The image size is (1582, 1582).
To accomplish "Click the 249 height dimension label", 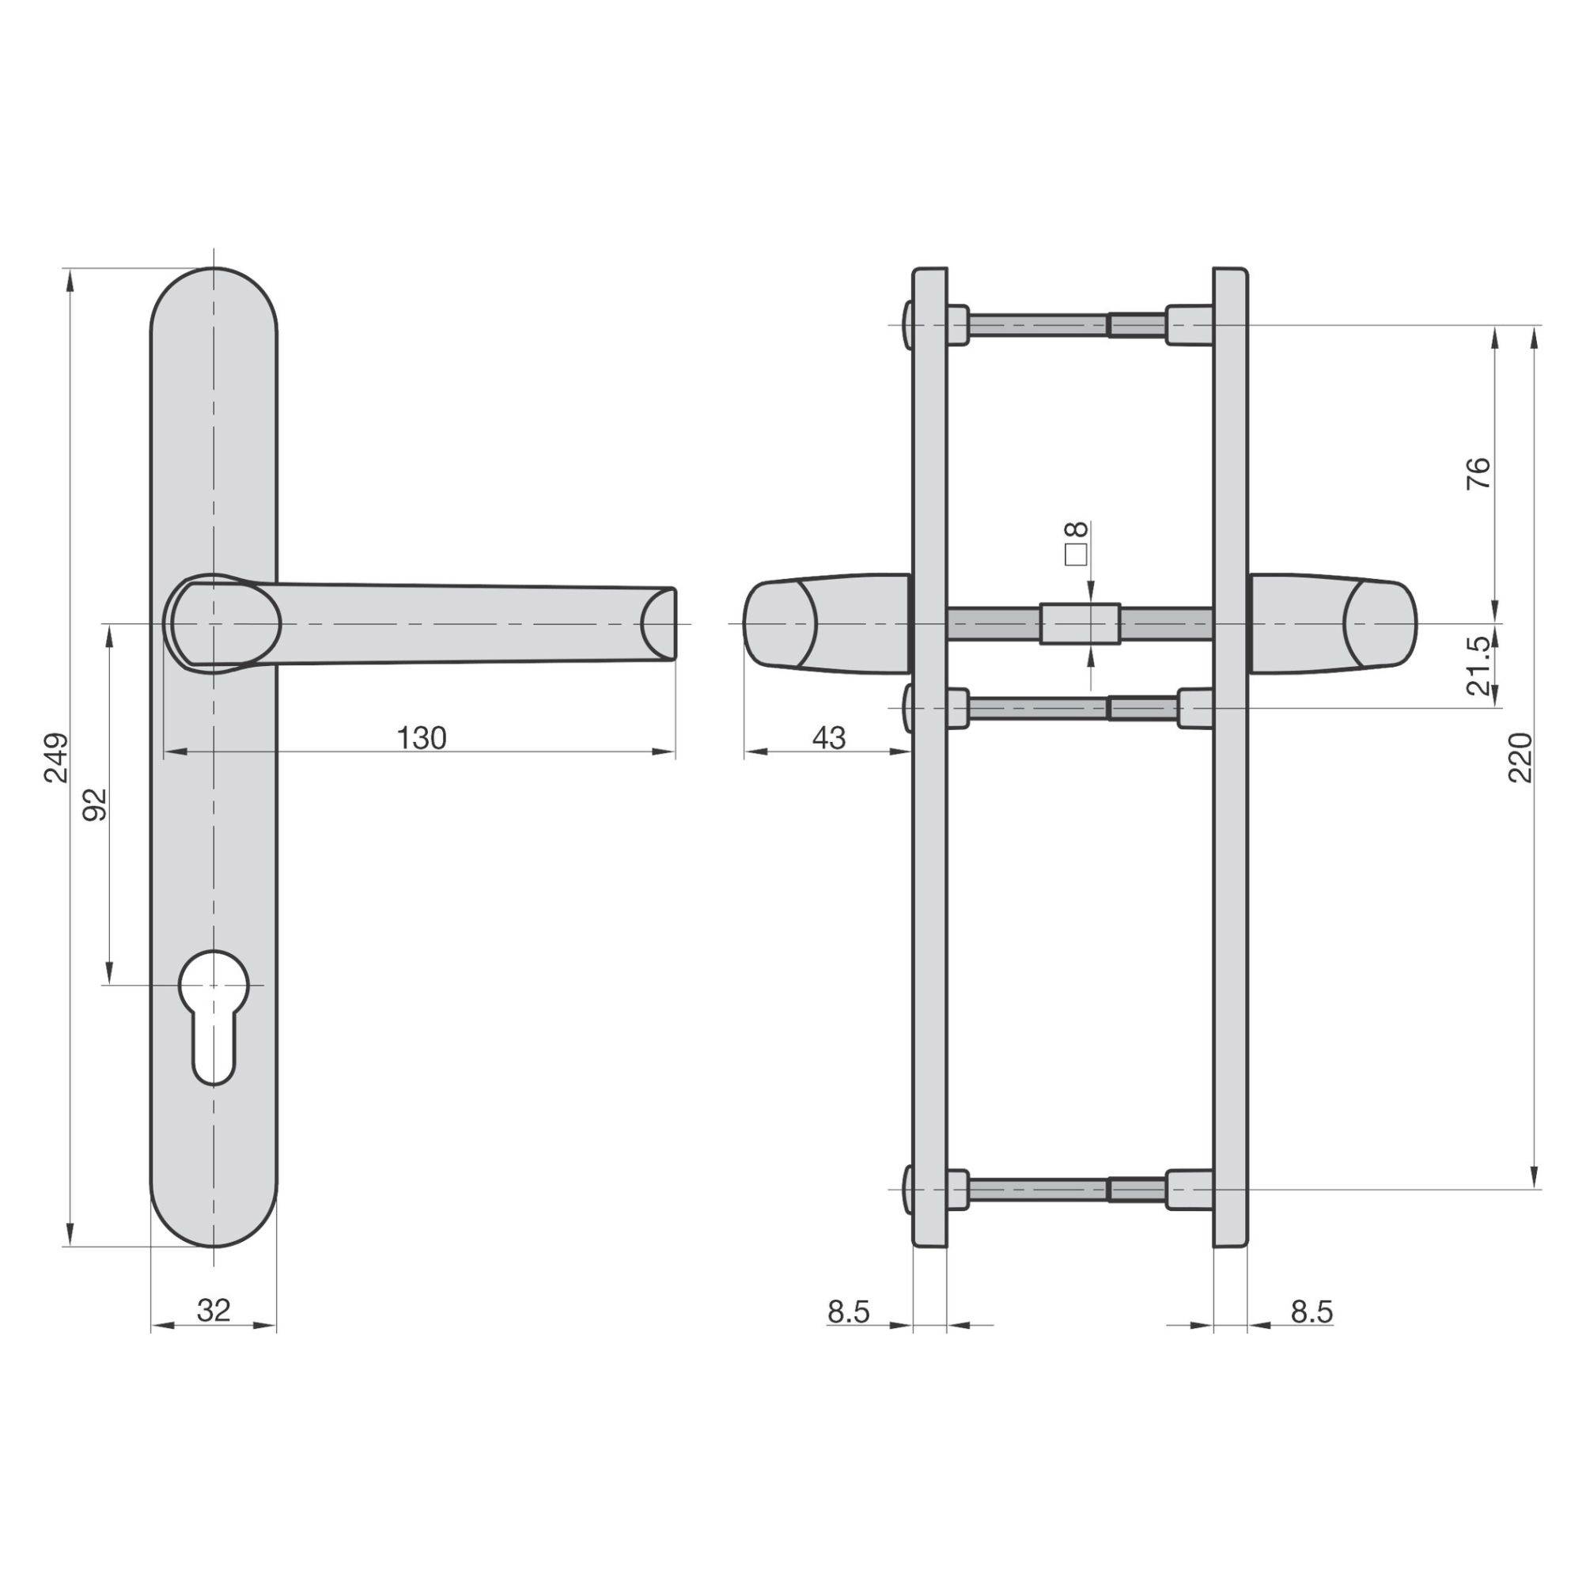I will point(56,758).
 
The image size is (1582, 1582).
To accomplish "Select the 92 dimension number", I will point(96,804).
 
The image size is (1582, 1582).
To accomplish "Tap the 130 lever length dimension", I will point(422,738).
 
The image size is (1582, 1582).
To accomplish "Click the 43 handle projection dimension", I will point(829,738).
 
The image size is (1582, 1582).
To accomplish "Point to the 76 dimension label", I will point(1478,473).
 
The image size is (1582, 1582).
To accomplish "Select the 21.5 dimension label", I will point(1478,667).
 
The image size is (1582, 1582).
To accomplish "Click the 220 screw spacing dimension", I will point(1520,758).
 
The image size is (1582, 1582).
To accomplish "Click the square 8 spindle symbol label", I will point(1076,543).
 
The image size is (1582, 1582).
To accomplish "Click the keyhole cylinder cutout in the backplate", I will point(213,1016).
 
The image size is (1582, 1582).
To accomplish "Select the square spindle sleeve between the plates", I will point(1080,624).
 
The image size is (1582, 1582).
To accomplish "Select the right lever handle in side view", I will point(1332,624).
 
